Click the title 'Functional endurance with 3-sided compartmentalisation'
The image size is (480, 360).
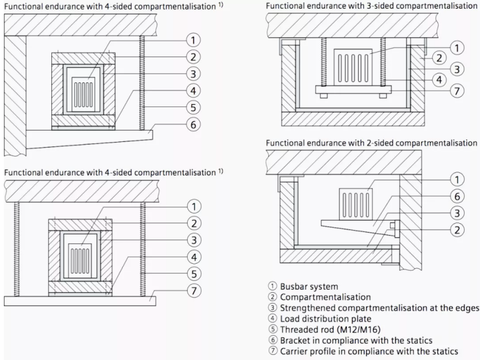click(371, 6)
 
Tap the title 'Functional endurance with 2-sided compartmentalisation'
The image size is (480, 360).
click(371, 143)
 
